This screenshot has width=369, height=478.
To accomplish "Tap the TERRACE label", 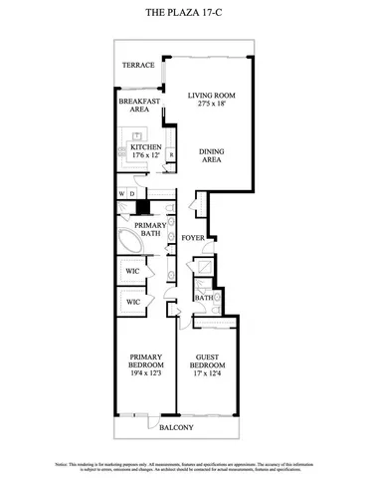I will [x=138, y=66].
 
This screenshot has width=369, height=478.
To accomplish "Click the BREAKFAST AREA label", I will [x=138, y=107].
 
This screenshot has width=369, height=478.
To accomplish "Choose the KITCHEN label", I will [x=139, y=147].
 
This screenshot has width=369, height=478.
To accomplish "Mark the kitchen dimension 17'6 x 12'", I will [x=139, y=156].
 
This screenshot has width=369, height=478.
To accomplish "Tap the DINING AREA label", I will [x=211, y=154].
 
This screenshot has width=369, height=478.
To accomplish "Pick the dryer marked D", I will [x=133, y=193].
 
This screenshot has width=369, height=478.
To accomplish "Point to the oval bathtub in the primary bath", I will [x=128, y=243].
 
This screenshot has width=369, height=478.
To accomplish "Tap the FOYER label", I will [x=193, y=239].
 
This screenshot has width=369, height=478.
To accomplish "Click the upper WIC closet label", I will [x=132, y=271].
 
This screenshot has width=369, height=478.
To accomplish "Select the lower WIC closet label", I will [x=132, y=301].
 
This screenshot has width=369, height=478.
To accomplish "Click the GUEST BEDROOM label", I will [x=207, y=362].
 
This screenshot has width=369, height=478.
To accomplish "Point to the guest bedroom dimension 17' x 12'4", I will [x=207, y=373].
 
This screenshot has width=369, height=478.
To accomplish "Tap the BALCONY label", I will [x=176, y=428].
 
